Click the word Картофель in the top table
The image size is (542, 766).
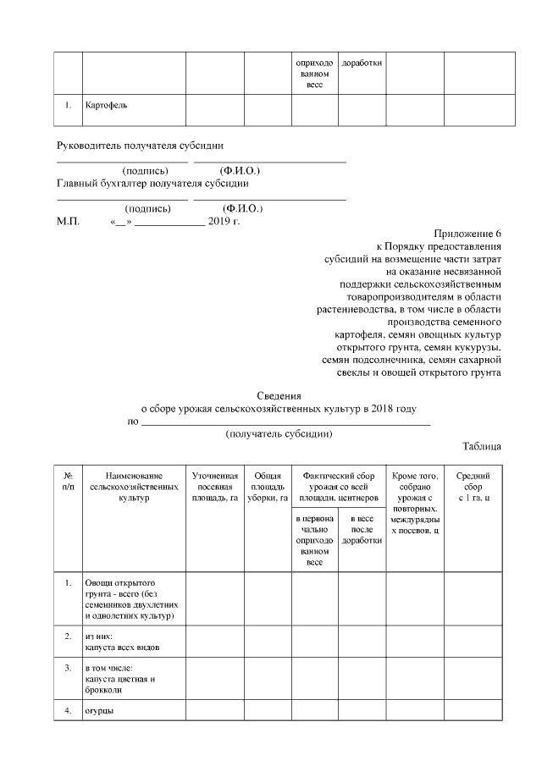106,107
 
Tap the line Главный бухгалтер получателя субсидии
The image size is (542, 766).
152,183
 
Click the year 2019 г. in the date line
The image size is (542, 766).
224,221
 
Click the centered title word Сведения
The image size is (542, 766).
279,395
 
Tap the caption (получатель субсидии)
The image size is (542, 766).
279,433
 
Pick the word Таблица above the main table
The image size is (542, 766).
482,446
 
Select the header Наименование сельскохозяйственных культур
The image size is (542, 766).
133,488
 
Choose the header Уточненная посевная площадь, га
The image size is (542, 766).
215,488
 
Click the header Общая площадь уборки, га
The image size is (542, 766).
268,488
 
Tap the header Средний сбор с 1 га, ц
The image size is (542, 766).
473,488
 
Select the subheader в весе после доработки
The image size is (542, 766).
362,529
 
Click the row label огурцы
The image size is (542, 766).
99,710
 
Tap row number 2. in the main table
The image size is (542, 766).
68,634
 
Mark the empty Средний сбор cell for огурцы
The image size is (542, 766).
473,710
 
